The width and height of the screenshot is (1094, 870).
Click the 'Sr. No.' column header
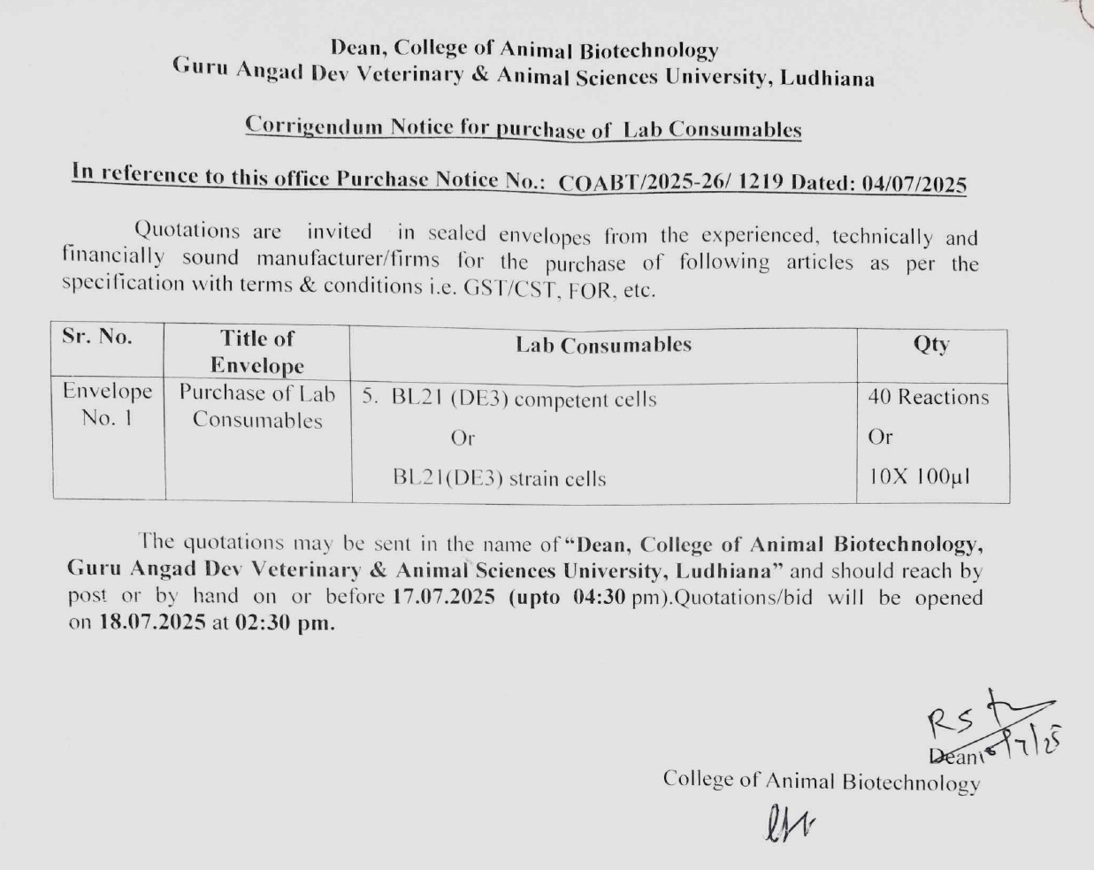click(x=97, y=337)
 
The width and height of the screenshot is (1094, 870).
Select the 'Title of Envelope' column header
click(x=257, y=351)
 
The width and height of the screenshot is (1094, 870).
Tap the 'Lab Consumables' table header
click(x=603, y=345)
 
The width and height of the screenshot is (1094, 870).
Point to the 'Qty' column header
click(x=931, y=344)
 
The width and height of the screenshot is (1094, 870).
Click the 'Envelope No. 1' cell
click(x=107, y=404)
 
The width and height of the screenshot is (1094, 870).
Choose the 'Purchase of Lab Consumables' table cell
click(x=257, y=406)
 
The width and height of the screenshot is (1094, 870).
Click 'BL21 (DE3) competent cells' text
click(x=524, y=399)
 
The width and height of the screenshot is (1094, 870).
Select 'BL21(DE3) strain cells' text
click(x=500, y=479)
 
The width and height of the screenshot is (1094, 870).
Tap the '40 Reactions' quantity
click(x=928, y=397)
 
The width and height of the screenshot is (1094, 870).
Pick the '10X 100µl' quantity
click(x=919, y=477)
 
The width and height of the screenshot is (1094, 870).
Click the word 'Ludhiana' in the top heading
click(x=828, y=79)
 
